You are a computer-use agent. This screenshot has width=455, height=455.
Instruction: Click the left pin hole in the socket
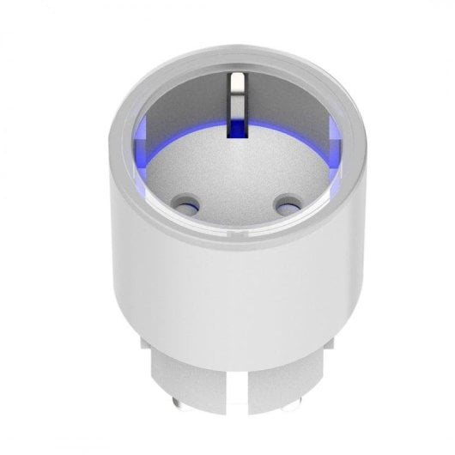pyautogui.click(x=184, y=206)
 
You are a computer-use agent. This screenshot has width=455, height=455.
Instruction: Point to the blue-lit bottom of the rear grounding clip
pyautogui.click(x=234, y=129)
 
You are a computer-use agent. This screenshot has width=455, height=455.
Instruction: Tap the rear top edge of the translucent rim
pyautogui.click(x=234, y=56)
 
